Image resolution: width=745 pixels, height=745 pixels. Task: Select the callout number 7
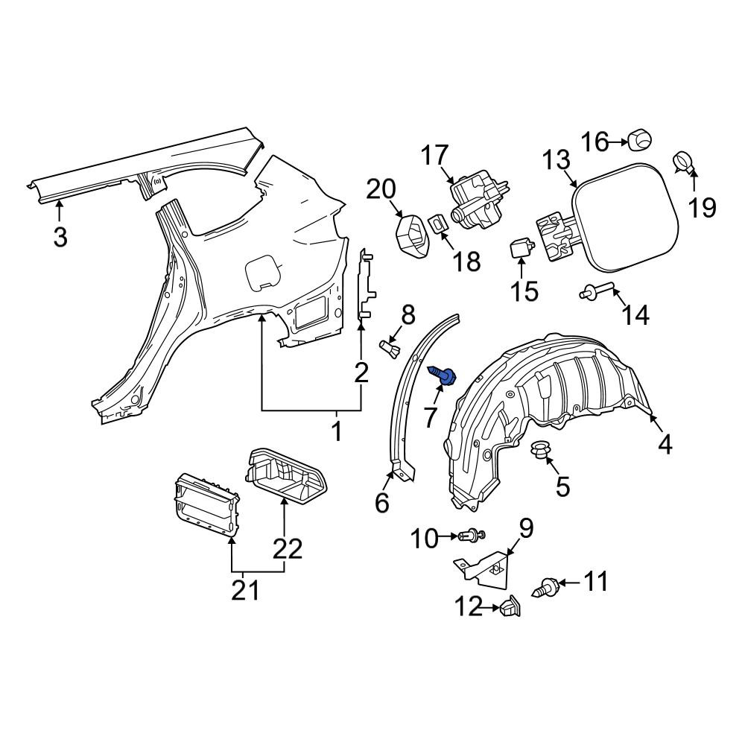pos(430,418)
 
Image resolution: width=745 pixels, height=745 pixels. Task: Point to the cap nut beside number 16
pos(639,141)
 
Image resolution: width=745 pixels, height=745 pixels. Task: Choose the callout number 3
pos(60,237)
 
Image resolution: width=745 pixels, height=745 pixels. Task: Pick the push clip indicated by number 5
pos(539,449)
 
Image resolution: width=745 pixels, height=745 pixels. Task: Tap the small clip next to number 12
pos(510,606)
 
